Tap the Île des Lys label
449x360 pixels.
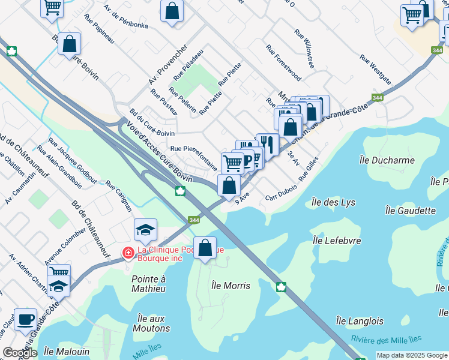335,202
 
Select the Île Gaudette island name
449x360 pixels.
411,211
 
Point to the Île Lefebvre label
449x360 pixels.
337,240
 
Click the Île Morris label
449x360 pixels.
231,286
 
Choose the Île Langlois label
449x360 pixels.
359,321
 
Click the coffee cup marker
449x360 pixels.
25,319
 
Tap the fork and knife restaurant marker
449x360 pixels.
267,144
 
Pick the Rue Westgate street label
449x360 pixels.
376,70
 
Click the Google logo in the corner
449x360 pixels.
19,353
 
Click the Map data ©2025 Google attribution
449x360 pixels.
412,355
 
